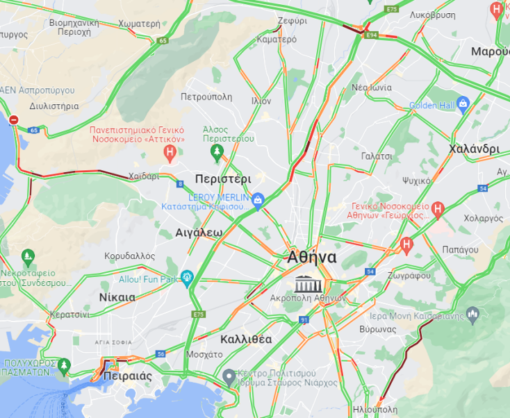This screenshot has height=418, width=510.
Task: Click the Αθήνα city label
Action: pyautogui.click(x=312, y=258)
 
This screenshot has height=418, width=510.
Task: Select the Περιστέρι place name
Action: pyautogui.click(x=223, y=178)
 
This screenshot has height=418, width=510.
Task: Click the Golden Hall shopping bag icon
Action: pyautogui.click(x=463, y=104)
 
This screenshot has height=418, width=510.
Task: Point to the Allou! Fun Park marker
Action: pyautogui.click(x=186, y=278)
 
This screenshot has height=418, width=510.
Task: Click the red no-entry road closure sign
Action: pyautogui.click(x=13, y=119)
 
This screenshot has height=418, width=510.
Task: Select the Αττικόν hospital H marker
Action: pyautogui.click(x=169, y=152)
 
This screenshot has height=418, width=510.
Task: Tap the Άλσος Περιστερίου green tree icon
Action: pyautogui.click(x=217, y=151)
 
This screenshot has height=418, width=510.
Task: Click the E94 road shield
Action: pyautogui.click(x=372, y=34)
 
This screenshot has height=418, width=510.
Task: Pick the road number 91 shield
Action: pyautogui.click(x=304, y=319)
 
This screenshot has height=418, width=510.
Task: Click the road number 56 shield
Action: pyautogui.click(x=161, y=354)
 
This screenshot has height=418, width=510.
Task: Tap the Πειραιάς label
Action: pyautogui.click(x=127, y=376)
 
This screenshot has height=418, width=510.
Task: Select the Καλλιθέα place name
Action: pyautogui.click(x=245, y=340)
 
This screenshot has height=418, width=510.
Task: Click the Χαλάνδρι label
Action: pyautogui.click(x=474, y=149)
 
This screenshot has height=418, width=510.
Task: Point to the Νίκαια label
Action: pyautogui.click(x=117, y=296)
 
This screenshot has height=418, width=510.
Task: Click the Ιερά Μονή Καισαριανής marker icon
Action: pyautogui.click(x=473, y=315)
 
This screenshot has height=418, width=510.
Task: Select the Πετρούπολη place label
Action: pyautogui.click(x=206, y=97)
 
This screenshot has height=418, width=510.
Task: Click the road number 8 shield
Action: pyautogui.click(x=180, y=184)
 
